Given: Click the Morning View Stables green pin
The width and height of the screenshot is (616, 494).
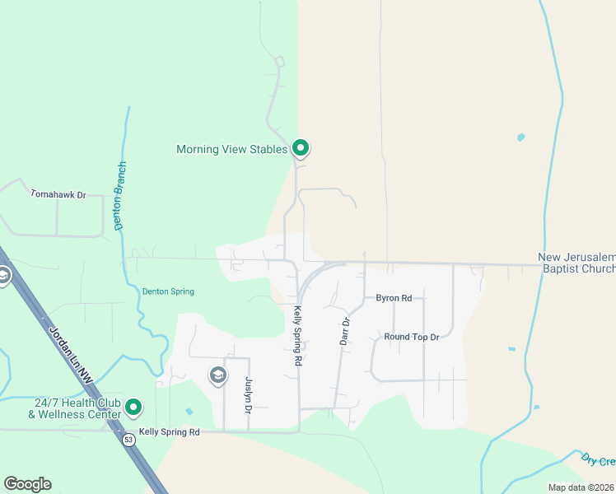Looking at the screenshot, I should coord(301,148).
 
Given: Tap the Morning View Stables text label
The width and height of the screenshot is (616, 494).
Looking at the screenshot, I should coord(232,149).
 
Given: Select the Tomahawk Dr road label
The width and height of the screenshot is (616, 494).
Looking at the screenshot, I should coord(58,194).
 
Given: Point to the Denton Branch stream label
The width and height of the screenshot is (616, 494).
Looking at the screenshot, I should coord(120,195).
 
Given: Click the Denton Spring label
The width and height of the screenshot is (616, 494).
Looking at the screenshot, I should coord(167,291).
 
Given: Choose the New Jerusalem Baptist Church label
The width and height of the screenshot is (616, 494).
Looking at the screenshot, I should coord(576,263).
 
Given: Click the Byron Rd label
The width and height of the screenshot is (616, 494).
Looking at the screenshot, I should coord(394,297).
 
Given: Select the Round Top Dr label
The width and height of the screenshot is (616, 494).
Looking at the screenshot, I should coord(412,337).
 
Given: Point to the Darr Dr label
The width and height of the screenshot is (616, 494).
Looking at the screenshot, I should coord(346,331).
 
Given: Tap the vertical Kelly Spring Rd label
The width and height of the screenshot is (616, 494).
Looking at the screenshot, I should coord(297,336).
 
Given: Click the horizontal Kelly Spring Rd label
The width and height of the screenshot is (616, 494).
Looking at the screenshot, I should coord(170,431).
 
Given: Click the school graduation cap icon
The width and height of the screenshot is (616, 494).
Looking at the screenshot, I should coord(217,376).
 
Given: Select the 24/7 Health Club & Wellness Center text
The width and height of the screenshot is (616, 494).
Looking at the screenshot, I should coord(78,408).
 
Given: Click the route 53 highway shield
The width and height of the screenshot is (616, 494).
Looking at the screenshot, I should coord(129,440).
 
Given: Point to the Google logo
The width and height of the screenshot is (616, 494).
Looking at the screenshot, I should coord(28,484).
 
